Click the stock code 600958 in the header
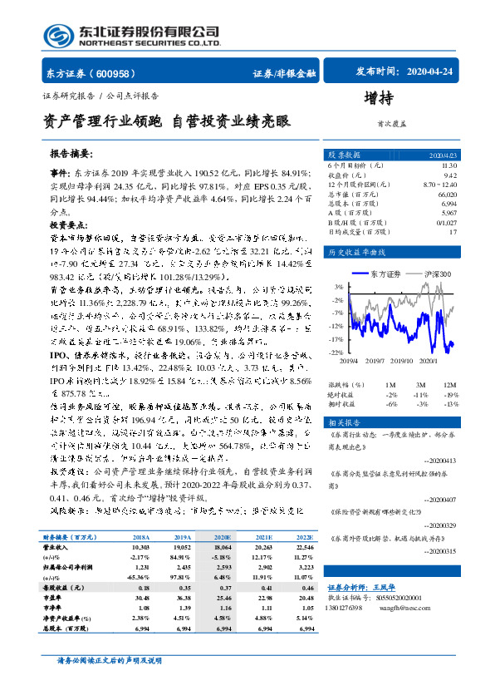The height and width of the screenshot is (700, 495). (x=116, y=73)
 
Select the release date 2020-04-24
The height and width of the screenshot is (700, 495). (x=434, y=72)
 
